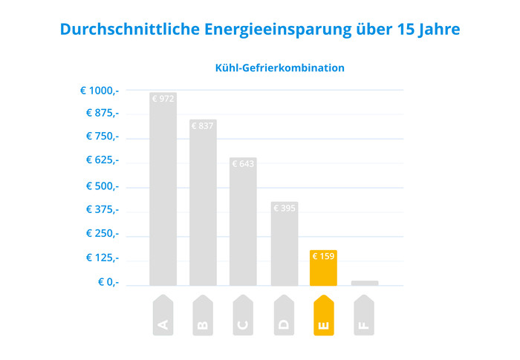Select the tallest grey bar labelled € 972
[163, 189]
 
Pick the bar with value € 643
[243, 223]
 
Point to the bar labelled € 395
[284, 245]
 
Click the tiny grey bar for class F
[364, 283]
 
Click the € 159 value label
[323, 257]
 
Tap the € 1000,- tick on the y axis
[100, 91]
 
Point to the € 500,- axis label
[100, 186]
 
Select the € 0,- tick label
[108, 282]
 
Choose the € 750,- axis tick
[102, 136]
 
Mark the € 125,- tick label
[102, 258]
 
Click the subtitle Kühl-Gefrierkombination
[279, 68]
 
